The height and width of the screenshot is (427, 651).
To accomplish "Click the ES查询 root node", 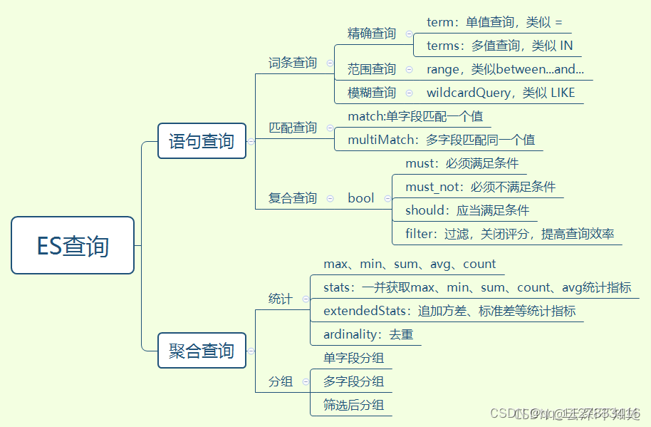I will click(x=73, y=246).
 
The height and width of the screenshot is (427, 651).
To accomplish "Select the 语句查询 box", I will click(x=202, y=141).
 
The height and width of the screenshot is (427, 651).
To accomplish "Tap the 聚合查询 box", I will click(x=202, y=351).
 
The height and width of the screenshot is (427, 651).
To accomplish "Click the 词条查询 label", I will click(x=293, y=63).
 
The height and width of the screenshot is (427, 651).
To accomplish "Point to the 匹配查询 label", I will click(x=293, y=128).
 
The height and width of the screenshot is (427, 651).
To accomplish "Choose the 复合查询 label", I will click(x=293, y=198).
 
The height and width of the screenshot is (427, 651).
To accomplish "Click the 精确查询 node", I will click(x=372, y=34).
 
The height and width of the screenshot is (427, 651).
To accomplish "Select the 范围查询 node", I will click(x=372, y=69).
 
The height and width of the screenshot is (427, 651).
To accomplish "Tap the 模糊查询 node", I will click(x=372, y=93).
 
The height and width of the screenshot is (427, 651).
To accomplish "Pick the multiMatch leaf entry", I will click(x=441, y=140).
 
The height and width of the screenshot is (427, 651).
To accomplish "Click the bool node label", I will click(x=360, y=198).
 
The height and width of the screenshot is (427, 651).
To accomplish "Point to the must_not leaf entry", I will click(x=480, y=187).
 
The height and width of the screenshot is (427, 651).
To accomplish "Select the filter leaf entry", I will click(x=509, y=234).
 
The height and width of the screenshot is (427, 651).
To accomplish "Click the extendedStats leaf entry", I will click(x=449, y=311).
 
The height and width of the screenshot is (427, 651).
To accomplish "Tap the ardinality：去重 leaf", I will click(x=368, y=334).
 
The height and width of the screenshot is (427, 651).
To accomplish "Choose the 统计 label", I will click(x=281, y=299).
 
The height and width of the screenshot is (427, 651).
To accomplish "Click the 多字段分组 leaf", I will click(x=353, y=381).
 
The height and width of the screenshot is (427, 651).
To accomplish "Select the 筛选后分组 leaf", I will click(x=353, y=405).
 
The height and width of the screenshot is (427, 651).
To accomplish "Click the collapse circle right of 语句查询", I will click(x=251, y=141).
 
